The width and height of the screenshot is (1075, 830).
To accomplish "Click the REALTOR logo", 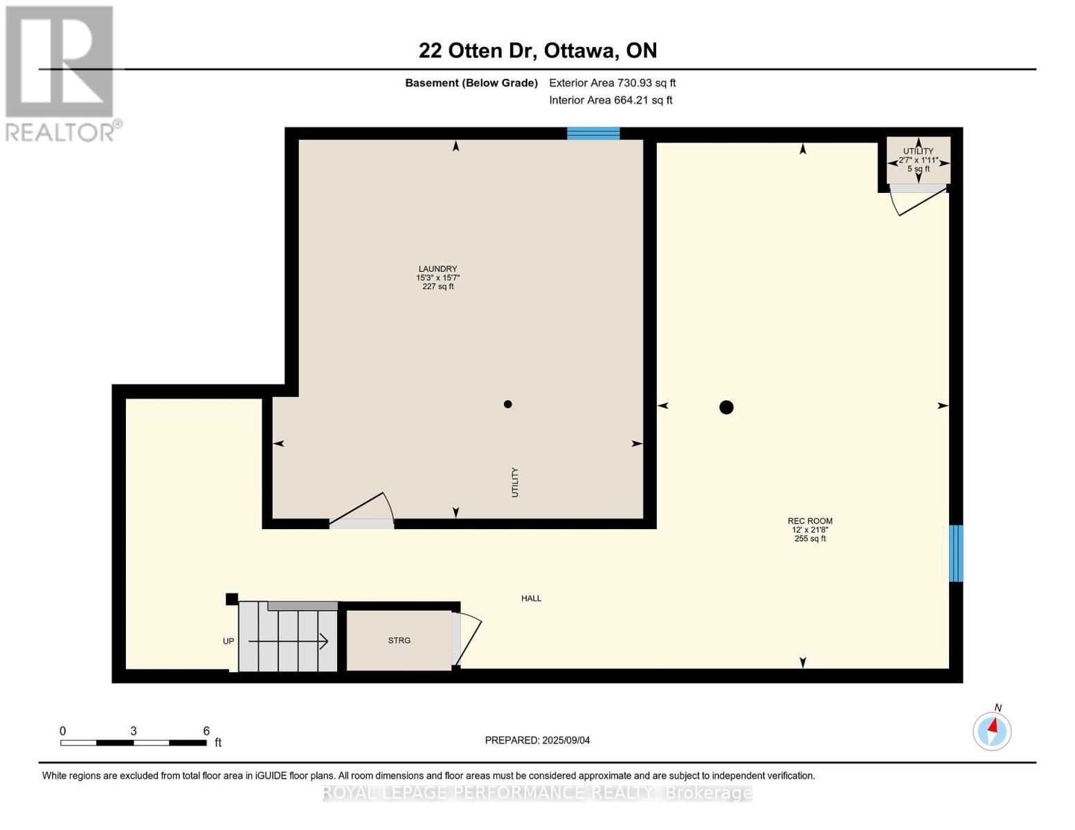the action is pyautogui.click(x=63, y=74).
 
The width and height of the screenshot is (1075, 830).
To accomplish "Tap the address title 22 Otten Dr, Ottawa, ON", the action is pyautogui.click(x=538, y=50).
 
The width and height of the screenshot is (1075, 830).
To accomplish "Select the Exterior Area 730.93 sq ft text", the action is pyautogui.click(x=613, y=83).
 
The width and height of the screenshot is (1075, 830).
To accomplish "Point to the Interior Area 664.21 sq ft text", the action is pyautogui.click(x=611, y=100).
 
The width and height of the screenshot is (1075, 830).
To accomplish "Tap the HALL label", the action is pyautogui.click(x=532, y=599).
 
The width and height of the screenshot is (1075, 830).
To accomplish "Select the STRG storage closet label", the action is pyautogui.click(x=399, y=640).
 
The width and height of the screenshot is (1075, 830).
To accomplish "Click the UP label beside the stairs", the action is pyautogui.click(x=228, y=641).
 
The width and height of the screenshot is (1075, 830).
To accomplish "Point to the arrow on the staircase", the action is pyautogui.click(x=288, y=642).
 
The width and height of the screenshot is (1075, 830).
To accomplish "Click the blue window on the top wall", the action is pyautogui.click(x=593, y=133).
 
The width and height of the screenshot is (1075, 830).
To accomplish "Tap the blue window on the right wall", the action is pyautogui.click(x=956, y=553).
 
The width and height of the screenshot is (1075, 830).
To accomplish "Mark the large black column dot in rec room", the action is pyautogui.click(x=726, y=407).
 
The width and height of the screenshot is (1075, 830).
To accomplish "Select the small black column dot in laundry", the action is pyautogui.click(x=507, y=405).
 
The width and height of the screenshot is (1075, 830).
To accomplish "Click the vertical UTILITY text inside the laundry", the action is pyautogui.click(x=515, y=483).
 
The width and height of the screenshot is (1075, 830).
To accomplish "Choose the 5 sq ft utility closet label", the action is pyautogui.click(x=918, y=169).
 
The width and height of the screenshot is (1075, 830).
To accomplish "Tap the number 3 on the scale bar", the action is pyautogui.click(x=134, y=731).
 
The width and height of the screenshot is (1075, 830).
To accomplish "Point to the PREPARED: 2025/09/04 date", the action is pyautogui.click(x=537, y=741).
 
